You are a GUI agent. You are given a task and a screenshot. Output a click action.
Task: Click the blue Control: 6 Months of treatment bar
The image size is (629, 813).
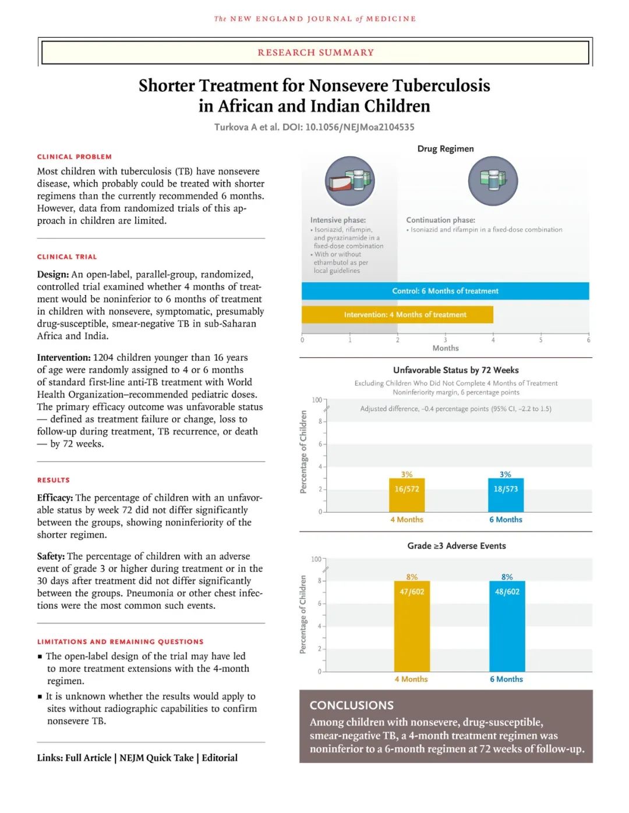pyautogui.click(x=445, y=291)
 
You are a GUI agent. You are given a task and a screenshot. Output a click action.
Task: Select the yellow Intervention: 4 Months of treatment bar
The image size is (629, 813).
pyautogui.click(x=397, y=315)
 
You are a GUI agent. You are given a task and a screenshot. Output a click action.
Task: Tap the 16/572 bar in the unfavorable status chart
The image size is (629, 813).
pyautogui.click(x=407, y=495)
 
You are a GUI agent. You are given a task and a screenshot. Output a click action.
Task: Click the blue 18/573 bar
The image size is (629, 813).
pyautogui.click(x=506, y=495)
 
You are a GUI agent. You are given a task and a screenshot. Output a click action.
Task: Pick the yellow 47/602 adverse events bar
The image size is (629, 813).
pyautogui.click(x=412, y=626)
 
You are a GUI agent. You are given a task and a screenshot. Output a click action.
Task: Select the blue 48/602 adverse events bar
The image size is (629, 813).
pyautogui.click(x=507, y=626)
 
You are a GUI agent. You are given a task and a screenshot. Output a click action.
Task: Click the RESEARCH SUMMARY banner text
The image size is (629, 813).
pyautogui.click(x=316, y=52)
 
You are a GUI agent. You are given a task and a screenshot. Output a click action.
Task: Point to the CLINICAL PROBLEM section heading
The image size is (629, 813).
pyautogui.click(x=75, y=157)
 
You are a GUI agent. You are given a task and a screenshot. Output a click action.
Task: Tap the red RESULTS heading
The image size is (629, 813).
pyautogui.click(x=54, y=480)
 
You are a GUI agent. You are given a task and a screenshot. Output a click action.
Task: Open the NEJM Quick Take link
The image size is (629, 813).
pyautogui.click(x=156, y=758)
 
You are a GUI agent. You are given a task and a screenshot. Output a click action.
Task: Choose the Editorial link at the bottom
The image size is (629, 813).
pyautogui.click(x=220, y=758)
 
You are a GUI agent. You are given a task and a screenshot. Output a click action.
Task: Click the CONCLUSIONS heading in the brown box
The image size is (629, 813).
pyautogui.click(x=352, y=705)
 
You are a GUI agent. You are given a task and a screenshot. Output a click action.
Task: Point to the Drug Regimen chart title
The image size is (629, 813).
pyautogui.click(x=446, y=148)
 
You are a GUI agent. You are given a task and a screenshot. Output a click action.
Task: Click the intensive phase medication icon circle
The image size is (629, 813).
pyautogui.click(x=349, y=181)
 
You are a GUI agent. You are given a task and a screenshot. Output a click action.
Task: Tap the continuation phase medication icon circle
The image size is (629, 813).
pyautogui.click(x=493, y=181)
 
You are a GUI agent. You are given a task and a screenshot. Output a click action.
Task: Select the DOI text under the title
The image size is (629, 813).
pyautogui.click(x=348, y=127)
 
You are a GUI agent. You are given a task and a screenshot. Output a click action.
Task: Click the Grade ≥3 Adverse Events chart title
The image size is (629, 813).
pyautogui.click(x=457, y=546)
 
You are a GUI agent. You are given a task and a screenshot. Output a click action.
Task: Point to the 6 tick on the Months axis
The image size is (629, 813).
pyautogui.click(x=588, y=340)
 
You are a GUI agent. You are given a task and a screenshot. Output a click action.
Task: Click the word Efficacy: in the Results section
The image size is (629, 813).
pyautogui.click(x=55, y=498)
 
